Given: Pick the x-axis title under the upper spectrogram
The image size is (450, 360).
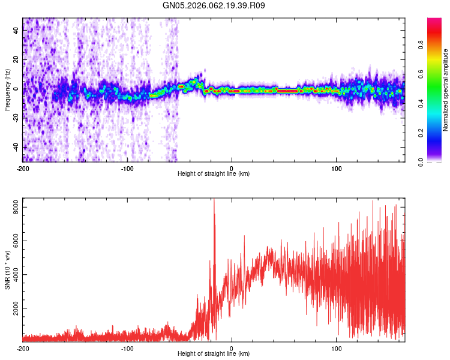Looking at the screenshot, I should [x=214, y=174].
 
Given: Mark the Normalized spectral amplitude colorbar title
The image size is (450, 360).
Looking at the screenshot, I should [x=446, y=90].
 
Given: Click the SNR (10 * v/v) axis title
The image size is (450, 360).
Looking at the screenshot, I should [x=7, y=270].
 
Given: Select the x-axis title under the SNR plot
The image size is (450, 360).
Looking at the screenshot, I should [x=214, y=354].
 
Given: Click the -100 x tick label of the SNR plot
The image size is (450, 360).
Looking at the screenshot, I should [x=127, y=348].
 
